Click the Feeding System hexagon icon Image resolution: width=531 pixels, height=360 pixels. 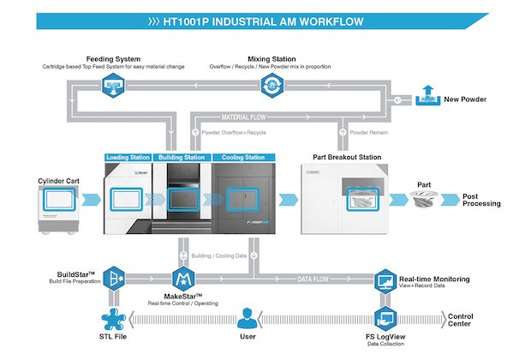click(x=113, y=83)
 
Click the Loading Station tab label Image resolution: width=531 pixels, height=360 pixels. click(x=128, y=158)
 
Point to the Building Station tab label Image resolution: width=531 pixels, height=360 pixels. click(x=182, y=158)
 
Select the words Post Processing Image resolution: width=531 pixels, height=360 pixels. click(x=480, y=202)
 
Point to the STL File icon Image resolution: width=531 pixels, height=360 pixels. click(x=114, y=321)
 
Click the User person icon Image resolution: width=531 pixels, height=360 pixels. click(x=248, y=321)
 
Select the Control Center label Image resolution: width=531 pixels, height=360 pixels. click(x=461, y=321)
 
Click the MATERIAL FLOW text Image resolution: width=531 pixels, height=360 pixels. click(x=248, y=116)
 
